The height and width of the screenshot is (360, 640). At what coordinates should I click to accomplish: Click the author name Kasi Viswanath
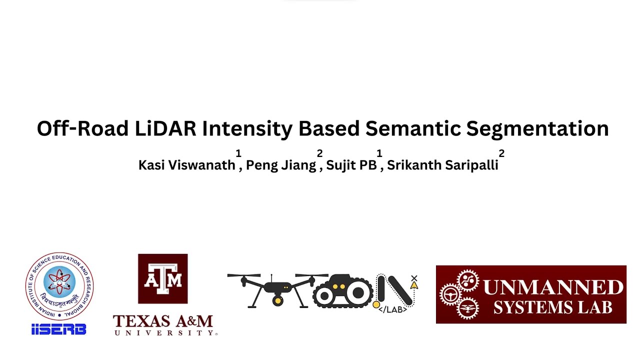[x=186, y=165]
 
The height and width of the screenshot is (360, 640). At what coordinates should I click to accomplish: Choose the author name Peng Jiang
[x=281, y=165]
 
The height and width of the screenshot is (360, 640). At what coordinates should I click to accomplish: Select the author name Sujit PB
[x=351, y=165]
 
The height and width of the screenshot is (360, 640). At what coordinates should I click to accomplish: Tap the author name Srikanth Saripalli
[x=442, y=165]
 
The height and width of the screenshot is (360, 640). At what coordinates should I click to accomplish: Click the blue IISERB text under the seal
[x=58, y=329]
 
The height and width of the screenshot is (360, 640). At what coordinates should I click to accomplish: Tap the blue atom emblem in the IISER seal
[x=59, y=282]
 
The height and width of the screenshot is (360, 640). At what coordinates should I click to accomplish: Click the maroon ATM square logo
[x=162, y=278]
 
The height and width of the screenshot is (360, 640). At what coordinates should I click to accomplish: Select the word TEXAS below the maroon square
[x=140, y=321]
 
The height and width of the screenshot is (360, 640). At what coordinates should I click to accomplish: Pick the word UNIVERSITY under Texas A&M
[x=164, y=332]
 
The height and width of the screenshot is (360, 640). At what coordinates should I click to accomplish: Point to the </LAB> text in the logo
[x=392, y=309]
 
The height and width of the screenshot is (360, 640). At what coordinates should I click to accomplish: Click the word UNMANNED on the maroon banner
[x=553, y=288]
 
